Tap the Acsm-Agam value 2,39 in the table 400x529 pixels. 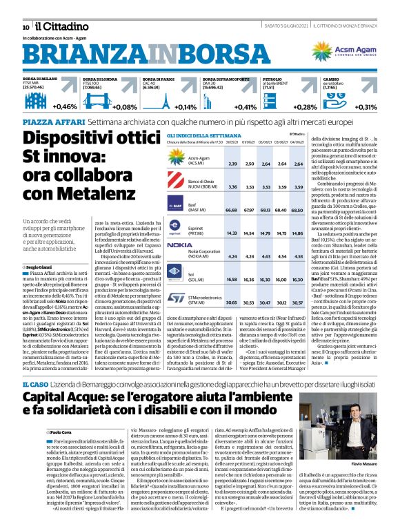tap(232, 164)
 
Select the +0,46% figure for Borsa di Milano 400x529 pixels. tap(65, 107)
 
